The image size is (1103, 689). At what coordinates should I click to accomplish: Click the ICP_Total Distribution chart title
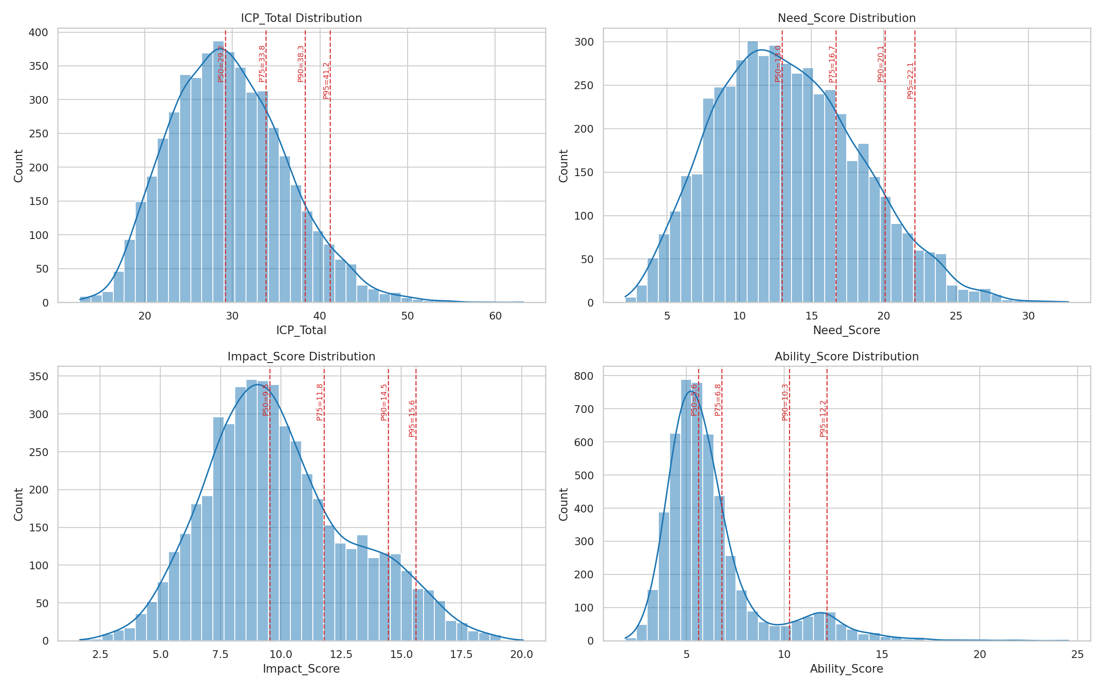pyautogui.click(x=301, y=18)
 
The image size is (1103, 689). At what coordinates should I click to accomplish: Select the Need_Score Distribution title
pyautogui.click(x=846, y=18)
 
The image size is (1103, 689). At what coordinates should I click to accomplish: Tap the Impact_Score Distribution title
pyautogui.click(x=301, y=357)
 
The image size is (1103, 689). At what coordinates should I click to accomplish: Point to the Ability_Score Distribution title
pyautogui.click(x=846, y=357)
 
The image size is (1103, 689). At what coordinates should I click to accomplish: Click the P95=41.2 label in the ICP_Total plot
pyautogui.click(x=326, y=81)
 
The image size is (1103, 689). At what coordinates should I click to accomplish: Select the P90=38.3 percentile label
pyautogui.click(x=300, y=64)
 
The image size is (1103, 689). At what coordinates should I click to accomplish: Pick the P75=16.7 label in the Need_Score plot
pyautogui.click(x=832, y=64)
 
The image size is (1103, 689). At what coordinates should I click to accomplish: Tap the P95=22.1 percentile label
pyautogui.click(x=910, y=81)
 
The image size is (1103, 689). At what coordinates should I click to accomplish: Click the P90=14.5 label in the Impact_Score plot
pyautogui.click(x=384, y=402)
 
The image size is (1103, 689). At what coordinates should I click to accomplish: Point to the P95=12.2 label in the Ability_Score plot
pyautogui.click(x=823, y=419)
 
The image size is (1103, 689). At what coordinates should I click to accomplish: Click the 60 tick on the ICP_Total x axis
pyautogui.click(x=495, y=316)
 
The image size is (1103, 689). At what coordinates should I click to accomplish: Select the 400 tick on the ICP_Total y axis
pyautogui.click(x=38, y=32)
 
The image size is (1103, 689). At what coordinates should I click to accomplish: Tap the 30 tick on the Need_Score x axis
pyautogui.click(x=1028, y=316)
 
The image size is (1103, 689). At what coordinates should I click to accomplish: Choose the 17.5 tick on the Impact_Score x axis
pyautogui.click(x=461, y=655)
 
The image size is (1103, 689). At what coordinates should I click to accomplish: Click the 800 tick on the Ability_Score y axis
pyautogui.click(x=583, y=376)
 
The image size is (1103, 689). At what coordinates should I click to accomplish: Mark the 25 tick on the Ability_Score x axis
pyautogui.click(x=1078, y=655)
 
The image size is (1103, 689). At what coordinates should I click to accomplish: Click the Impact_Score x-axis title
pyautogui.click(x=301, y=669)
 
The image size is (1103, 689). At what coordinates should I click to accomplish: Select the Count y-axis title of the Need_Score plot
pyautogui.click(x=564, y=166)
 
